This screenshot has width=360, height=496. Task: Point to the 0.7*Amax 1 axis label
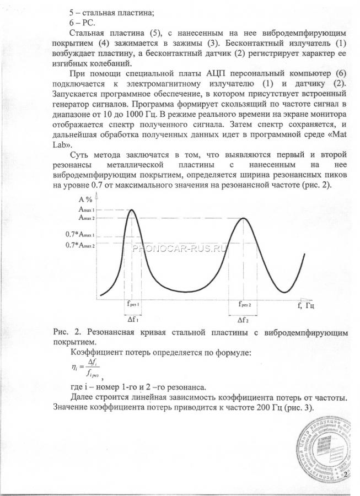pyautogui.click(x=80, y=234)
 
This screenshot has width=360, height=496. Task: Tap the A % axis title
pyautogui.click(x=85, y=200)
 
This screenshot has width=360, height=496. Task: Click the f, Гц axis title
pyautogui.click(x=305, y=305)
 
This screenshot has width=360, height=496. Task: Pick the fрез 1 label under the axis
pyautogui.click(x=132, y=305)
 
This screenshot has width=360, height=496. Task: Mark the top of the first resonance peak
pyautogui.click(x=132, y=210)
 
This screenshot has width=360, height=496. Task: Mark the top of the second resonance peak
pyautogui.click(x=244, y=218)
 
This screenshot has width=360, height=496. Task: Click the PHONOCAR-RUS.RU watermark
pyautogui.click(x=180, y=247)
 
